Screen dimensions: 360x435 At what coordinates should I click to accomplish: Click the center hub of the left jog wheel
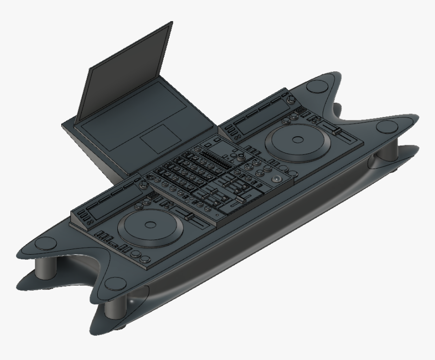[150, 224]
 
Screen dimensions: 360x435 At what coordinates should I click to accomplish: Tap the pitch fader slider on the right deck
[334, 132]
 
